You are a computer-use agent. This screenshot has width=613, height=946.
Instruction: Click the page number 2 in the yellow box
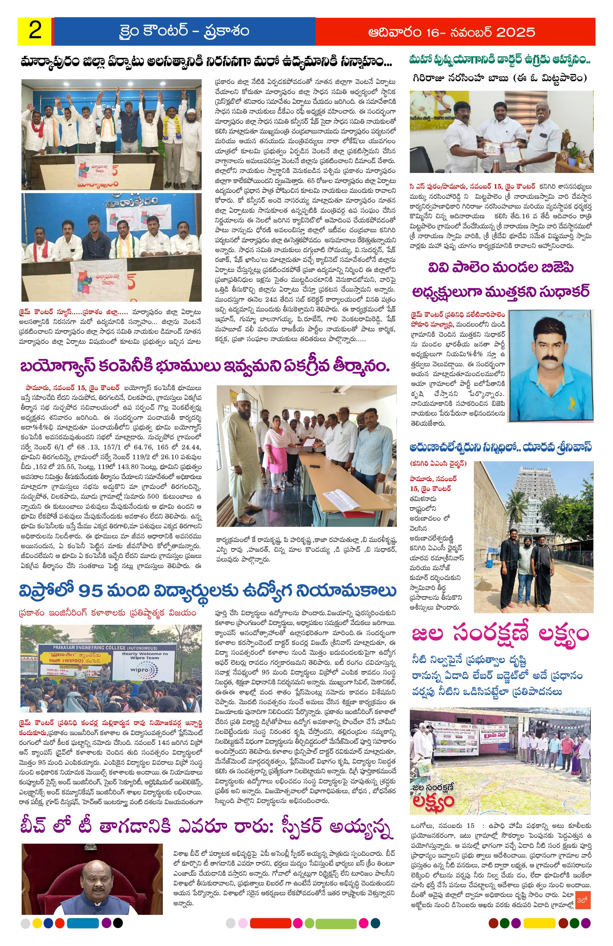tap(35, 31)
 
